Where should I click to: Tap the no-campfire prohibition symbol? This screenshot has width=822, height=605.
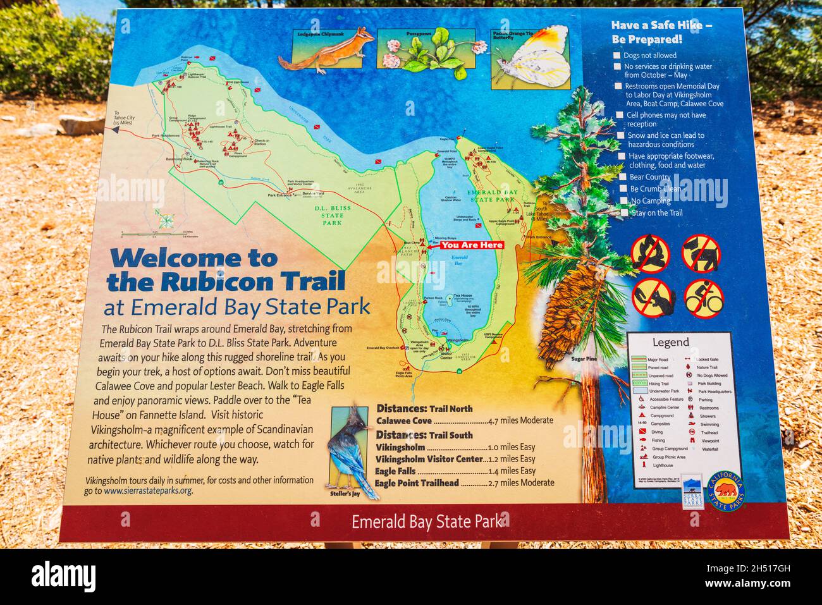click(x=650, y=252)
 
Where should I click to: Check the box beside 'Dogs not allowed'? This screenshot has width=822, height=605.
click(x=617, y=56)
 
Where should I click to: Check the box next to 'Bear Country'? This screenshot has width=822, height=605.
click(x=623, y=178)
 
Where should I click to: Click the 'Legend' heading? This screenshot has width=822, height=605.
click(x=670, y=343)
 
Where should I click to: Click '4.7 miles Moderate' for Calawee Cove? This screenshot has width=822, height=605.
click(x=521, y=420)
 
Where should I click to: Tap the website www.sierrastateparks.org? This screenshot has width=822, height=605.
click(x=148, y=491)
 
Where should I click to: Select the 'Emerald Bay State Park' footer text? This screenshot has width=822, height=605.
click(x=427, y=522)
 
